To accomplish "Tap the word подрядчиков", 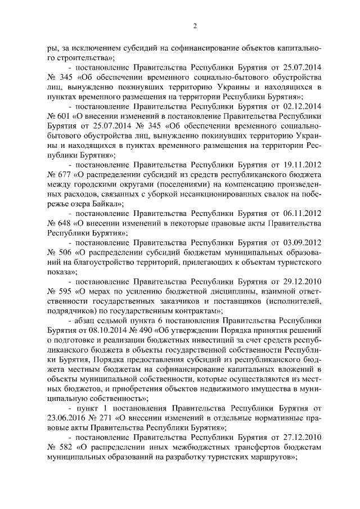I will tap(71, 309).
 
